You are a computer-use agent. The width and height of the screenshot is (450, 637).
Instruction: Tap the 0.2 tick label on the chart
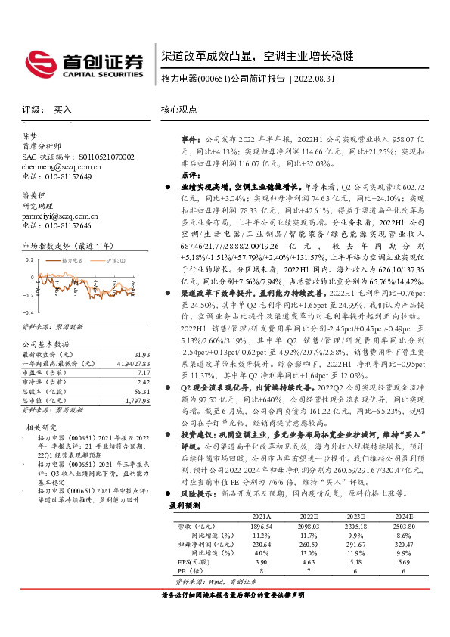coord(28,259)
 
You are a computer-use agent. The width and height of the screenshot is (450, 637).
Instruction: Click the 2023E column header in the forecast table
coord(355,537)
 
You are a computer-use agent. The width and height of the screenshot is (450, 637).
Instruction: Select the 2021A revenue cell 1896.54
coord(260,547)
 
